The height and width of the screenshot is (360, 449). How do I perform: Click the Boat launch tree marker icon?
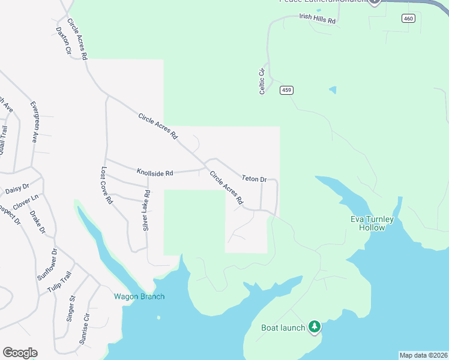pyautogui.click(x=314, y=327)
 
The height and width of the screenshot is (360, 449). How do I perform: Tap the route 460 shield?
pyautogui.click(x=408, y=19)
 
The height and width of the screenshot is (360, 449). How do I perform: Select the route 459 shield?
pyautogui.click(x=286, y=91)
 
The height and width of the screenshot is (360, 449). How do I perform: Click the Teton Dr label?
pyautogui.click(x=254, y=178)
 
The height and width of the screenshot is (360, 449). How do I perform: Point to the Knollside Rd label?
pyautogui.click(x=154, y=173)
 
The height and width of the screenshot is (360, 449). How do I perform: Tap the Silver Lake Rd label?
pyautogui.click(x=146, y=209)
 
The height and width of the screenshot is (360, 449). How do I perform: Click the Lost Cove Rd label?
pyautogui.click(x=107, y=185)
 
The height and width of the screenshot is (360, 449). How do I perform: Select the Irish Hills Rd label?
pyautogui.click(x=318, y=19)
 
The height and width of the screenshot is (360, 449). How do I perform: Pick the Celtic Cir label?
pyautogui.click(x=262, y=82)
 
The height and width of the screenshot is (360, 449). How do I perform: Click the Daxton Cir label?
pyautogui.click(x=64, y=41)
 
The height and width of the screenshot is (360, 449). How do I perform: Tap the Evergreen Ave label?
pyautogui.click(x=34, y=121)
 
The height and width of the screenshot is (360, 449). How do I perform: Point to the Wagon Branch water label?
pyautogui.click(x=139, y=296)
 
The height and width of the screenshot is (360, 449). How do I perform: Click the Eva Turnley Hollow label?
pyautogui.click(x=372, y=223)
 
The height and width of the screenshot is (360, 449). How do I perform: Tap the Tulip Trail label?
pyautogui.click(x=61, y=283)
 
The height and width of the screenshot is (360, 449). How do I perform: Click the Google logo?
pyautogui.click(x=20, y=353)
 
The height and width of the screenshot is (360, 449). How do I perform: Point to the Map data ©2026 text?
pyautogui.click(x=423, y=355)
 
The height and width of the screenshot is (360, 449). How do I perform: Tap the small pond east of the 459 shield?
pyautogui.click(x=333, y=91)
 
